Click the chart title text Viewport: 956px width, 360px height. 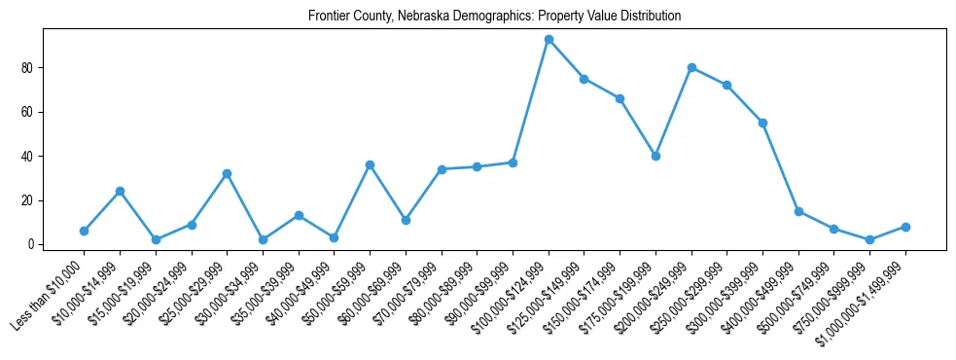[494, 17]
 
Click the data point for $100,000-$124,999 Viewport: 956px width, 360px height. [549, 40]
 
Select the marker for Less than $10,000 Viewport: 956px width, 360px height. [84, 231]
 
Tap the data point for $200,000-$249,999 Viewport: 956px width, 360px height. [691, 68]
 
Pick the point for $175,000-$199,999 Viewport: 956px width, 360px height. [655, 156]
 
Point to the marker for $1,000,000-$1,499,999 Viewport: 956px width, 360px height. [905, 227]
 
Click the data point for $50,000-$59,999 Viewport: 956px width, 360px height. [370, 164]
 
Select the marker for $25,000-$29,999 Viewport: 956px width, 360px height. [227, 173]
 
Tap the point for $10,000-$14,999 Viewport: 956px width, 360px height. [120, 191]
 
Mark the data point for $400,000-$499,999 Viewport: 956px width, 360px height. [798, 211]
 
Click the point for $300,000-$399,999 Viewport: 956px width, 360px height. [762, 123]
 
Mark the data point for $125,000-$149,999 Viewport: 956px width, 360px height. [584, 79]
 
